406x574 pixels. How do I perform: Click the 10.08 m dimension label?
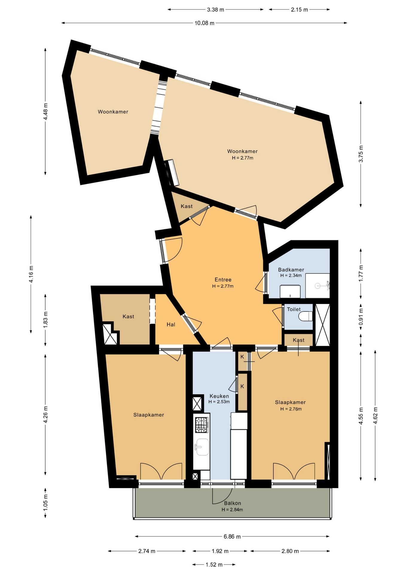pos(204,23)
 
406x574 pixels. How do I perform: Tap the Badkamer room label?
pos(291,269)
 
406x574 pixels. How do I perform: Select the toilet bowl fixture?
pos(306,316)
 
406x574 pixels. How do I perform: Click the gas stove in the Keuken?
pos(202,425)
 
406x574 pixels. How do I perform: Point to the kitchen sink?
pos(202,447)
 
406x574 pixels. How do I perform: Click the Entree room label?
pos(223,280)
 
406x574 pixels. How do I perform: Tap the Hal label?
pos(171,324)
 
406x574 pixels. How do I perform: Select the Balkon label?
pos(232,503)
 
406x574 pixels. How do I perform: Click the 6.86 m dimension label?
pos(232,537)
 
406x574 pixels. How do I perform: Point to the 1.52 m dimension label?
pos(214,565)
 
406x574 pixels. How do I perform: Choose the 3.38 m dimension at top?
pos(216,10)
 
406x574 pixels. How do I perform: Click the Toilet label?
pos(294,309)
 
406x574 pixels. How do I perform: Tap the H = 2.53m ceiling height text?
pos(219,402)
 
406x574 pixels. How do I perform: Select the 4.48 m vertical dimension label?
pos(45,112)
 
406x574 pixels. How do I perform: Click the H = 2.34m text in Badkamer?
pos(291,275)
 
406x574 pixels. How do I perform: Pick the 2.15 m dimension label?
pos(299,10)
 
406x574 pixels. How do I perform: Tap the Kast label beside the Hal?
pos(128,316)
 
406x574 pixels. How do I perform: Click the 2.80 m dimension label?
pos(290,551)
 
